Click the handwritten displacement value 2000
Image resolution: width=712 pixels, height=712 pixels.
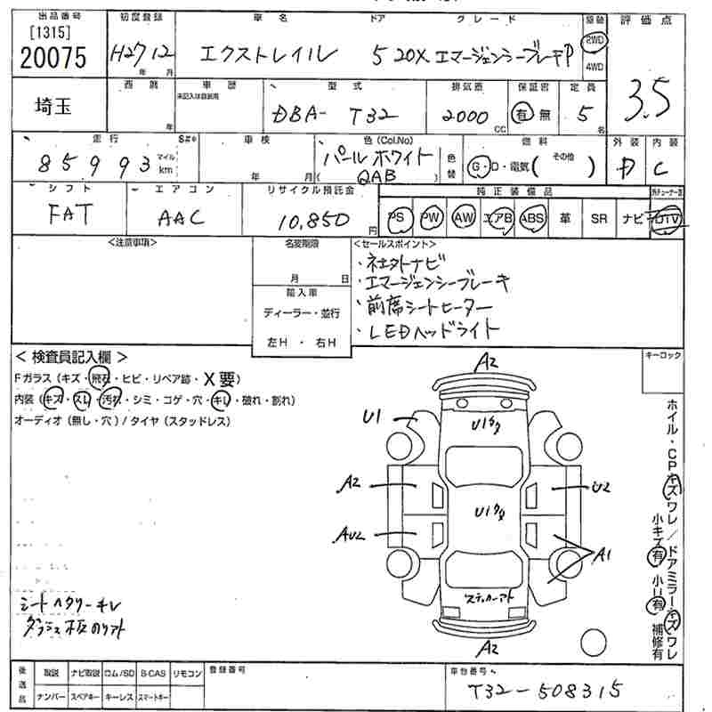(x=464, y=117)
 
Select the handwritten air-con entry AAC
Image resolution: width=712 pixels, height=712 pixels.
(x=182, y=217)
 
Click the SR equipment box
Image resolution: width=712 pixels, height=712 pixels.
(x=599, y=218)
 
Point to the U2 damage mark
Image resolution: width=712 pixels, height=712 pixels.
(x=602, y=487)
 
